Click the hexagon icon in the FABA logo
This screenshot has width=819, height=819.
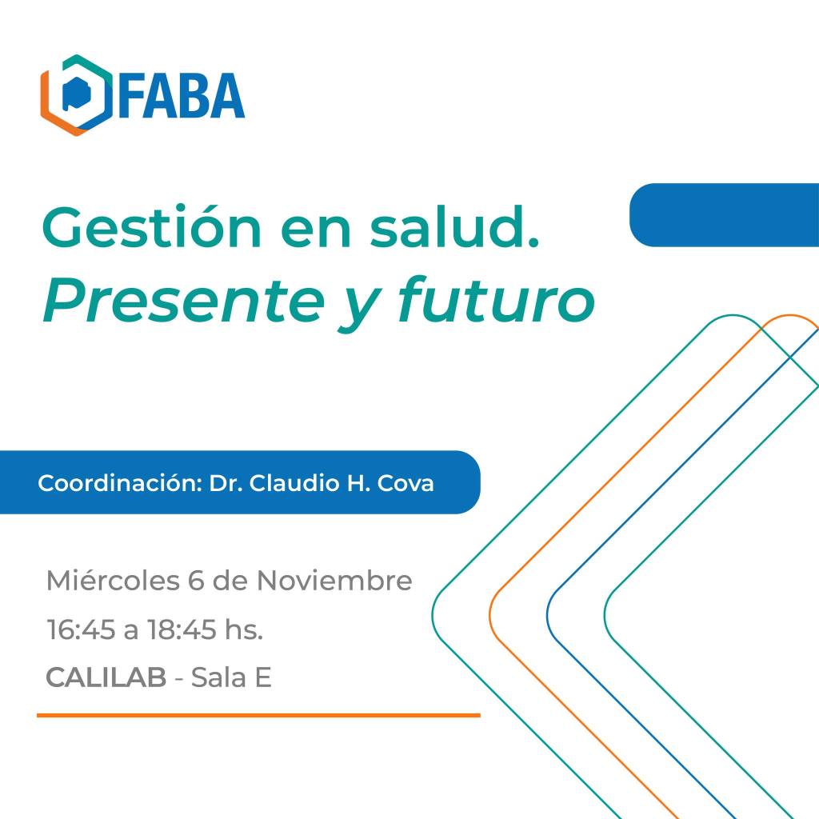coord(76,95)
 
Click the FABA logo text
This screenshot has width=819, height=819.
coord(182,96)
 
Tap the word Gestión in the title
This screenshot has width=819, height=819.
coord(151,226)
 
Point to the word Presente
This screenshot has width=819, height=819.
coord(184,302)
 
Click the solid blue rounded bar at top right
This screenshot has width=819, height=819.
coord(725,214)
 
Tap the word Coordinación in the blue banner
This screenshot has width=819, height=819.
coord(120,483)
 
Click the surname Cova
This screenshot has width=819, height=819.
coord(406,483)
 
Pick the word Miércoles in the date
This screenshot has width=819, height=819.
coord(113,581)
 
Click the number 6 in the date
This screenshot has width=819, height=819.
coord(196,581)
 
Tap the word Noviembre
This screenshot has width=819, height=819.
coord(334,581)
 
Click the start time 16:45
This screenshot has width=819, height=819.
coord(81,629)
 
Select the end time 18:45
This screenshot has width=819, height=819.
coord(182,629)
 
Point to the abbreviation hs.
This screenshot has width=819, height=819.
coord(244,629)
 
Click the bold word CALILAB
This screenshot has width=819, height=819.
coord(106,677)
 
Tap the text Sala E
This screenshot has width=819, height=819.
coord(231,677)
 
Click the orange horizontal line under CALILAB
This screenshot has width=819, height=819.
coord(258,715)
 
